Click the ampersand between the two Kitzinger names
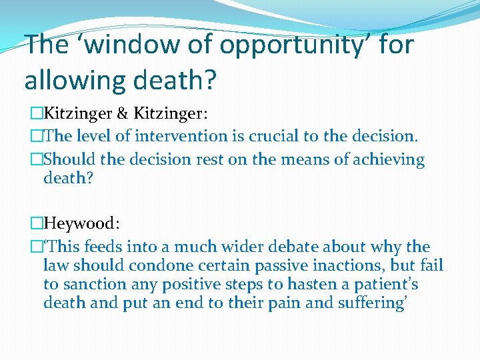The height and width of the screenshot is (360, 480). point(123,113)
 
